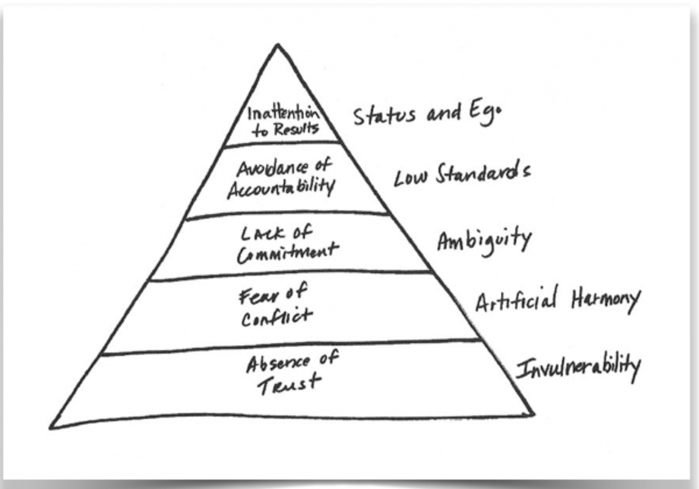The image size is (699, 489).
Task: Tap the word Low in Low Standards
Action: click(411, 177)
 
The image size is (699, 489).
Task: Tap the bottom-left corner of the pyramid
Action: click(51, 425)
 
